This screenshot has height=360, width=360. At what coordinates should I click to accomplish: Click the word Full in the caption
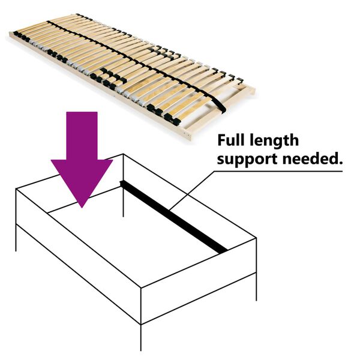232,141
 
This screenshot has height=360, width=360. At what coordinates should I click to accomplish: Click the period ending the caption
340,163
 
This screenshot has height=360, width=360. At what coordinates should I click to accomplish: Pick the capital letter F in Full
222,141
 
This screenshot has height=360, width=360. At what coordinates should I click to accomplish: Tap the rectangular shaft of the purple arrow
82,135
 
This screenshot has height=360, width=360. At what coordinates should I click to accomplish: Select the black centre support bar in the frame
174,216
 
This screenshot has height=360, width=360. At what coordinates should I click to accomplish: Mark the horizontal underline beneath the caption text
276,171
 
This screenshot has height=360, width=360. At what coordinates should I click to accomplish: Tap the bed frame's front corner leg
142,337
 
